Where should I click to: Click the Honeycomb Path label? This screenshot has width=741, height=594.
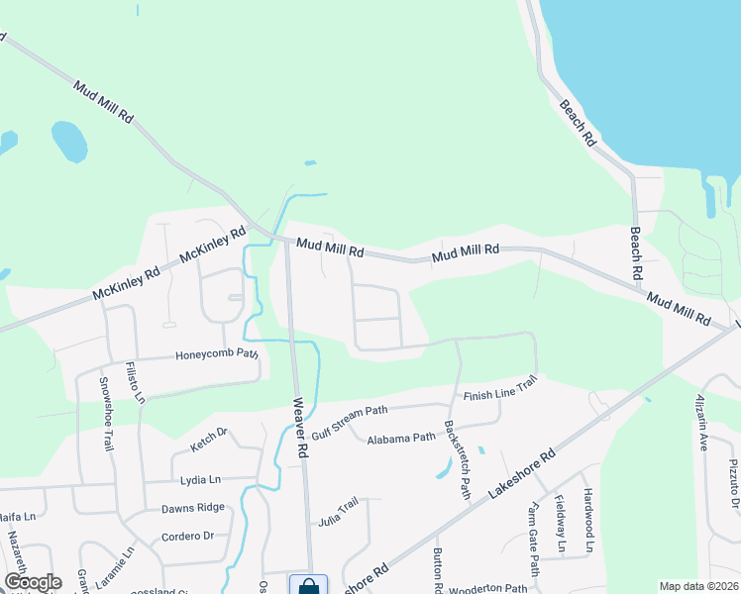coord(217,354)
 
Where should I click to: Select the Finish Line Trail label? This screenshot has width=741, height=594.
coord(500,388)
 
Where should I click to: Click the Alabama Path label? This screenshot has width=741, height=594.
coord(400,438)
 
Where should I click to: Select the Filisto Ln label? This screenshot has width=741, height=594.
coord(135,384)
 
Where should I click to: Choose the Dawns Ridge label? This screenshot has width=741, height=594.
coord(193,508)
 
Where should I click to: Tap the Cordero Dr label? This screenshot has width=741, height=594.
coord(187,537)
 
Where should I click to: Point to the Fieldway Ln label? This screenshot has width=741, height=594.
coord(560,524)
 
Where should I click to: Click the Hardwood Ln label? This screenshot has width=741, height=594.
coord(587,520)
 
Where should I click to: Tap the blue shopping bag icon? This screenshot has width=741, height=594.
coord(308,585)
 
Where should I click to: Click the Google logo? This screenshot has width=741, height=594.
coord(33,582)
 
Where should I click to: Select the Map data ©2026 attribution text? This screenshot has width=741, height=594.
coord(698,586)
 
